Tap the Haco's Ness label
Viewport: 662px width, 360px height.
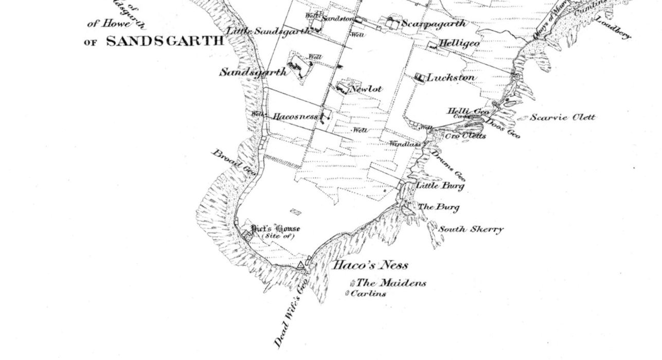click(x=370, y=265)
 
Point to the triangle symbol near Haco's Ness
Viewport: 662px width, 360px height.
click(x=301, y=265)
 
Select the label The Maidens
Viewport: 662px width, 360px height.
click(x=391, y=283)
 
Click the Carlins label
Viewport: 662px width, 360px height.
click(x=368, y=294)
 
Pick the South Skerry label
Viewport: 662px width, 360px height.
click(x=471, y=229)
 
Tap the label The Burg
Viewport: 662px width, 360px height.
click(x=439, y=207)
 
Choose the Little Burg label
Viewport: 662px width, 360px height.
click(x=440, y=186)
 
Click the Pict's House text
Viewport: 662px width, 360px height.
click(x=276, y=228)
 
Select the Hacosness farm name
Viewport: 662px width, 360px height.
click(x=295, y=117)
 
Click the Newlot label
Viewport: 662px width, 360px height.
click(x=366, y=89)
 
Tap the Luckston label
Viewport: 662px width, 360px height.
click(x=451, y=78)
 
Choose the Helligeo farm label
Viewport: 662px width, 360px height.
click(x=459, y=44)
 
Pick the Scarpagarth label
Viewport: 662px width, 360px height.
click(x=434, y=24)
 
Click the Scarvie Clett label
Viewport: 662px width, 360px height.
click(x=563, y=117)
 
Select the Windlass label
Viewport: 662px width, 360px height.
click(x=405, y=144)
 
